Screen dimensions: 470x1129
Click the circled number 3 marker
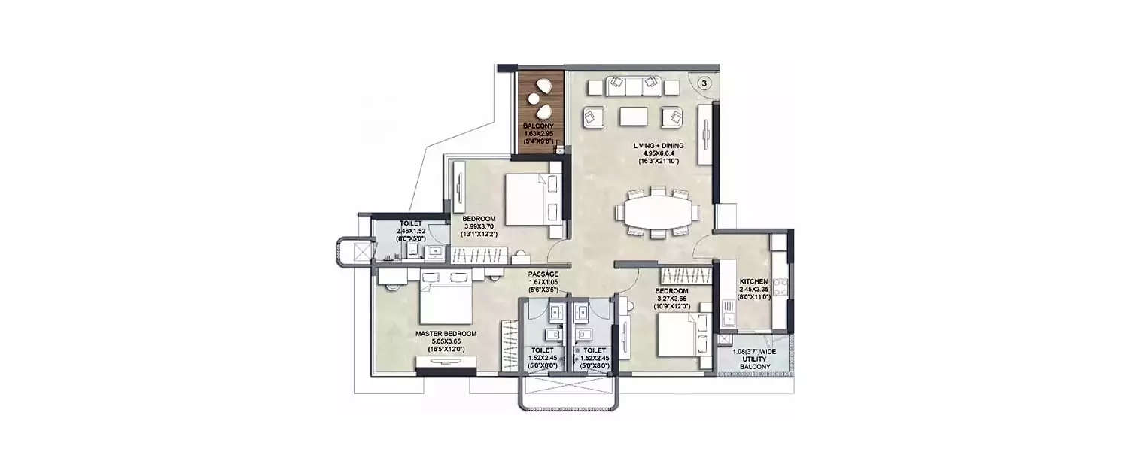tap(703, 84)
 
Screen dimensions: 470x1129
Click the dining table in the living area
tap(657, 212)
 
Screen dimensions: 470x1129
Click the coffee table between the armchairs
tap(633, 117)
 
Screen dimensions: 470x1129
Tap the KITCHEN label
tap(753, 280)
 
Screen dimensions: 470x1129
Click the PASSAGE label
tap(543, 274)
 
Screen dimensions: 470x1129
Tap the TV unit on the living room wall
tap(705, 136)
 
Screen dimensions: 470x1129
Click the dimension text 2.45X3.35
tap(753, 289)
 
